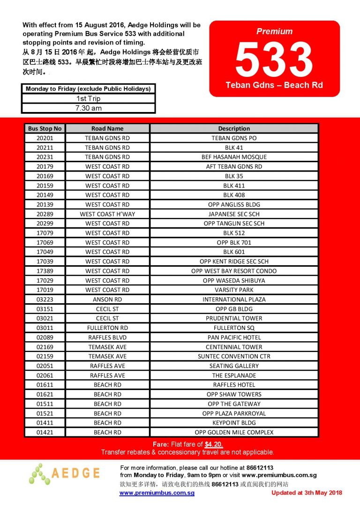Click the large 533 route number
pyautogui.click(x=274, y=59)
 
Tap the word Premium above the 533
pyautogui.click(x=274, y=31)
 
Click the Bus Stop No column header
pyautogui.click(x=45, y=128)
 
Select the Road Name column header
pyautogui.click(x=107, y=128)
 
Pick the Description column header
pyautogui.click(x=234, y=128)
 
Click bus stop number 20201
pyautogui.click(x=45, y=138)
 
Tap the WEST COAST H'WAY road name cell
pyautogui.click(x=107, y=214)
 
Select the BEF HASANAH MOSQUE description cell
pyautogui.click(x=234, y=157)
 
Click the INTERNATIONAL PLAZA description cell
pyautogui.click(x=234, y=299)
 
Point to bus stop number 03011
pyautogui.click(x=45, y=328)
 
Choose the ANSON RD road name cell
pyautogui.click(x=107, y=299)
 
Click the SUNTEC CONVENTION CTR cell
pyautogui.click(x=234, y=356)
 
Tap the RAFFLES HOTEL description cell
pyautogui.click(x=234, y=385)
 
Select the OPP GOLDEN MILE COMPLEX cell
pyautogui.click(x=234, y=432)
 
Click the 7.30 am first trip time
pyautogui.click(x=88, y=108)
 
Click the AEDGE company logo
pyautogui.click(x=65, y=473)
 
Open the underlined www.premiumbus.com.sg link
pyautogui.click(x=157, y=493)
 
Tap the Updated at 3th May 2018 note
pyautogui.click(x=307, y=493)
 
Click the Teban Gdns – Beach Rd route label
pyautogui.click(x=274, y=85)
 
